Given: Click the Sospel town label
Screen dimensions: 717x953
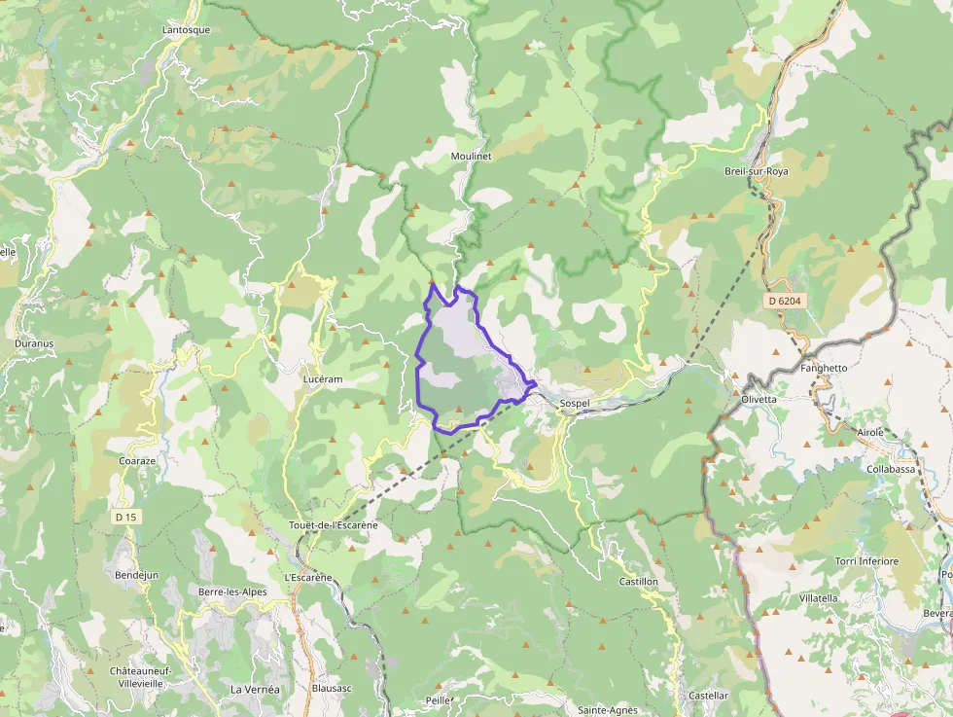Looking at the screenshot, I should (x=575, y=403).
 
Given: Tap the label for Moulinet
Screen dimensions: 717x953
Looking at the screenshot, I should (x=472, y=156).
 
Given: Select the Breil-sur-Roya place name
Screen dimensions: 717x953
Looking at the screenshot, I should (x=756, y=171).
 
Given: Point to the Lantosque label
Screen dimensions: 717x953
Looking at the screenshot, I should (x=186, y=30).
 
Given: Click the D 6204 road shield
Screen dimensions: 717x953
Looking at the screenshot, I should (x=784, y=302).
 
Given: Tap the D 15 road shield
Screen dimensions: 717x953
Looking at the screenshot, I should (x=124, y=517).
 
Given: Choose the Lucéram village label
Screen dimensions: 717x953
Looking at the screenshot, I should (x=323, y=379).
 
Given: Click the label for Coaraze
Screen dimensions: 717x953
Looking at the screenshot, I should (x=137, y=460).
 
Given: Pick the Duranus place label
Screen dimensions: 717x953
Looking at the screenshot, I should (x=34, y=343).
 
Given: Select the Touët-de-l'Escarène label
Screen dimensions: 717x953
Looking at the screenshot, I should (x=333, y=525).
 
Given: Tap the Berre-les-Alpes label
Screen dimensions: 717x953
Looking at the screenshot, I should (x=231, y=592).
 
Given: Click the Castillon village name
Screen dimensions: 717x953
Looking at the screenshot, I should (x=639, y=582).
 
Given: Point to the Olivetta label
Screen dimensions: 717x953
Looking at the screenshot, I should (x=759, y=399).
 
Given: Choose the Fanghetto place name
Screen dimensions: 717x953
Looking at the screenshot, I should (x=824, y=368).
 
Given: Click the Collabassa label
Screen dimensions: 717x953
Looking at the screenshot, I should (x=891, y=469).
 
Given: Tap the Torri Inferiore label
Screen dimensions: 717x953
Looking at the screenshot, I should (x=866, y=561).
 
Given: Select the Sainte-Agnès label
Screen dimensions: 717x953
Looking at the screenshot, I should (x=608, y=710).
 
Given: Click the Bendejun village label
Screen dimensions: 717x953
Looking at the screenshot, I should (x=137, y=575).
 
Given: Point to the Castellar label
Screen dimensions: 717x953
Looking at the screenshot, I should (x=708, y=696).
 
